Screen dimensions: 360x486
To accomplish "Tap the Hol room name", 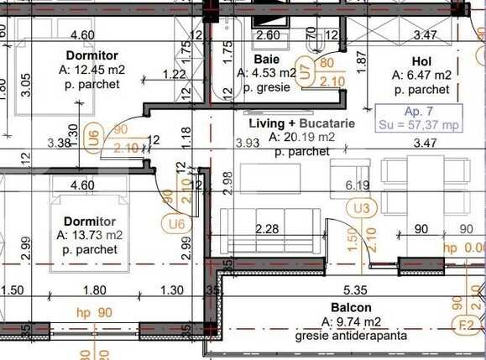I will tap(421, 61).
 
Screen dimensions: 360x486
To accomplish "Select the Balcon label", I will tap(351, 308).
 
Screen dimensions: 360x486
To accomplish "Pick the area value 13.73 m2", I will tap(94, 236).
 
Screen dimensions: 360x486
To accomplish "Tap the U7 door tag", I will tap(305, 72).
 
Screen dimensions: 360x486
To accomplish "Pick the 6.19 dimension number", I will tap(358, 185).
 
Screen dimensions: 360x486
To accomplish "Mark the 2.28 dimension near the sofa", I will tap(267, 228).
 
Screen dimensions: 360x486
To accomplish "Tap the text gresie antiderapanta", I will tap(350, 337).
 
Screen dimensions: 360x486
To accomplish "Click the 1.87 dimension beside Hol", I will tap(363, 59).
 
